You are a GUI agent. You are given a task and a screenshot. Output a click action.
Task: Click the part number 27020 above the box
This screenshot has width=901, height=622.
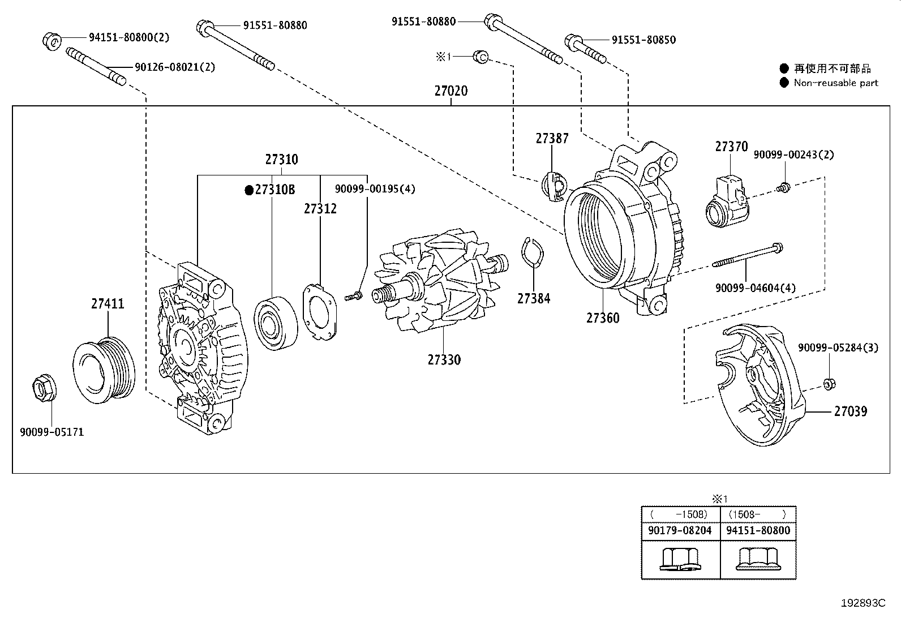(451, 91)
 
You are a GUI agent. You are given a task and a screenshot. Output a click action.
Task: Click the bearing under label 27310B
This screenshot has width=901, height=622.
(276, 321)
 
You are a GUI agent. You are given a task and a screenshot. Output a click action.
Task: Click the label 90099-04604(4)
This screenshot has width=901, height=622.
(755, 288)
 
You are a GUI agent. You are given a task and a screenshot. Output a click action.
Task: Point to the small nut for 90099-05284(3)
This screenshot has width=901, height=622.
(827, 384)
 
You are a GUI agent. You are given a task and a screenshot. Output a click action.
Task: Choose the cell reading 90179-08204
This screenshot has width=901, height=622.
(680, 531)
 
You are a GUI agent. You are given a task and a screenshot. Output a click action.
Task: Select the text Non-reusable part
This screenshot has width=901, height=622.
(835, 83)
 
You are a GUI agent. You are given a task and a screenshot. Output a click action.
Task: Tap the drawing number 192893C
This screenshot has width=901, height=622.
(862, 603)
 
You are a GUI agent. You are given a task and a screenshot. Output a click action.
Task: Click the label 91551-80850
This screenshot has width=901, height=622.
(643, 40)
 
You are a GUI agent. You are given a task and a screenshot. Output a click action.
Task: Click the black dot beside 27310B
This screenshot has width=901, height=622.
(248, 190)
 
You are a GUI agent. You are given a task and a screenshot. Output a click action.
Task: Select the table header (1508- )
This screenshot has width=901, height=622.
(757, 514)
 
